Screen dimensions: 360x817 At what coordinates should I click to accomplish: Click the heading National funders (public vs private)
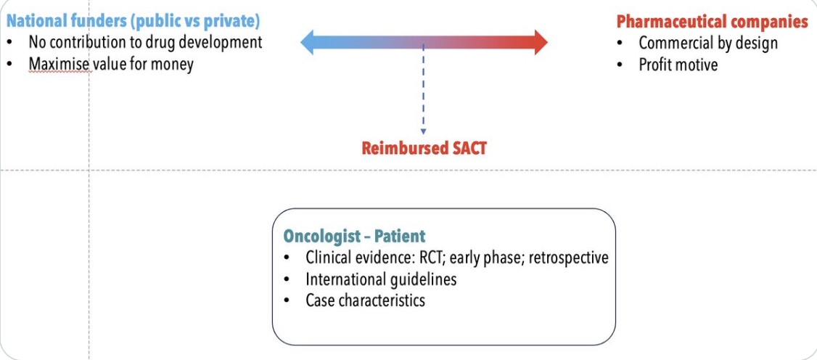click(x=134, y=21)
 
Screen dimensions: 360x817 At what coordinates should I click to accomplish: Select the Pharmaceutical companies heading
click(x=712, y=22)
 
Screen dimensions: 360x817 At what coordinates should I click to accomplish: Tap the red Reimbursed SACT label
click(x=424, y=149)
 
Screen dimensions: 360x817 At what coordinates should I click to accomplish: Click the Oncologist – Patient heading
click(x=354, y=236)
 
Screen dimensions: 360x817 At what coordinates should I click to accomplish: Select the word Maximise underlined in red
click(x=59, y=64)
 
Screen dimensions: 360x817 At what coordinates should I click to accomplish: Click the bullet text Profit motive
click(x=678, y=65)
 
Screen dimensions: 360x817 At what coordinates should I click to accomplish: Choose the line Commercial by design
click(x=708, y=43)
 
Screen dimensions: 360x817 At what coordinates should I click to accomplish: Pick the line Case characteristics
click(x=365, y=300)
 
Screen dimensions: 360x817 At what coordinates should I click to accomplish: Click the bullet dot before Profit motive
click(x=620, y=65)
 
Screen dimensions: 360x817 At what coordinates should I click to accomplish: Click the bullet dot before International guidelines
click(x=288, y=279)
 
